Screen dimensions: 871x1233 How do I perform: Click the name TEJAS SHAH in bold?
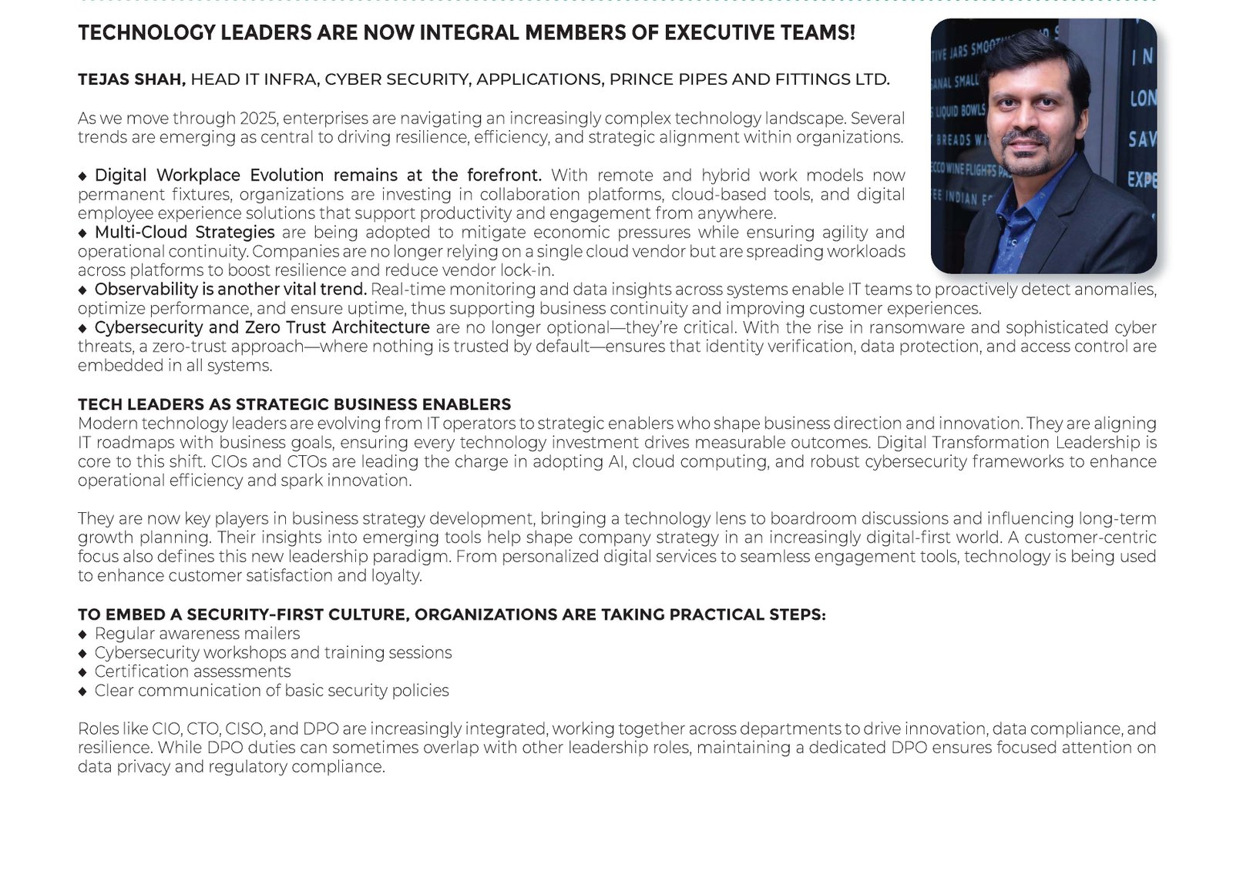[131, 79]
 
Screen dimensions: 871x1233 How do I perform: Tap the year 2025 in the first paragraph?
[260, 119]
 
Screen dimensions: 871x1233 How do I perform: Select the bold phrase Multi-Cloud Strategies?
[184, 232]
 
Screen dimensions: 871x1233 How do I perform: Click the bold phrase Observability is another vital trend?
[230, 289]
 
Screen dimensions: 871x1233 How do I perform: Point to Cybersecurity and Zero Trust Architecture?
[262, 327]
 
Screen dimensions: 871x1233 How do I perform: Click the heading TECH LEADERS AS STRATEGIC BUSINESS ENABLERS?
[294, 404]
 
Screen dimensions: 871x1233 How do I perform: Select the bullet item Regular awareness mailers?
[197, 633]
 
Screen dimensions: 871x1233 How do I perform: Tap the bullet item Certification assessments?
[193, 672]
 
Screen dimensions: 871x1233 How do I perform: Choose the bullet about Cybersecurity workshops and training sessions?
[273, 652]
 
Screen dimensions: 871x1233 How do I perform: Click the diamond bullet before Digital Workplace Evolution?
[83, 176]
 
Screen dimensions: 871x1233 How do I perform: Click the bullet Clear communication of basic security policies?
[271, 690]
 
